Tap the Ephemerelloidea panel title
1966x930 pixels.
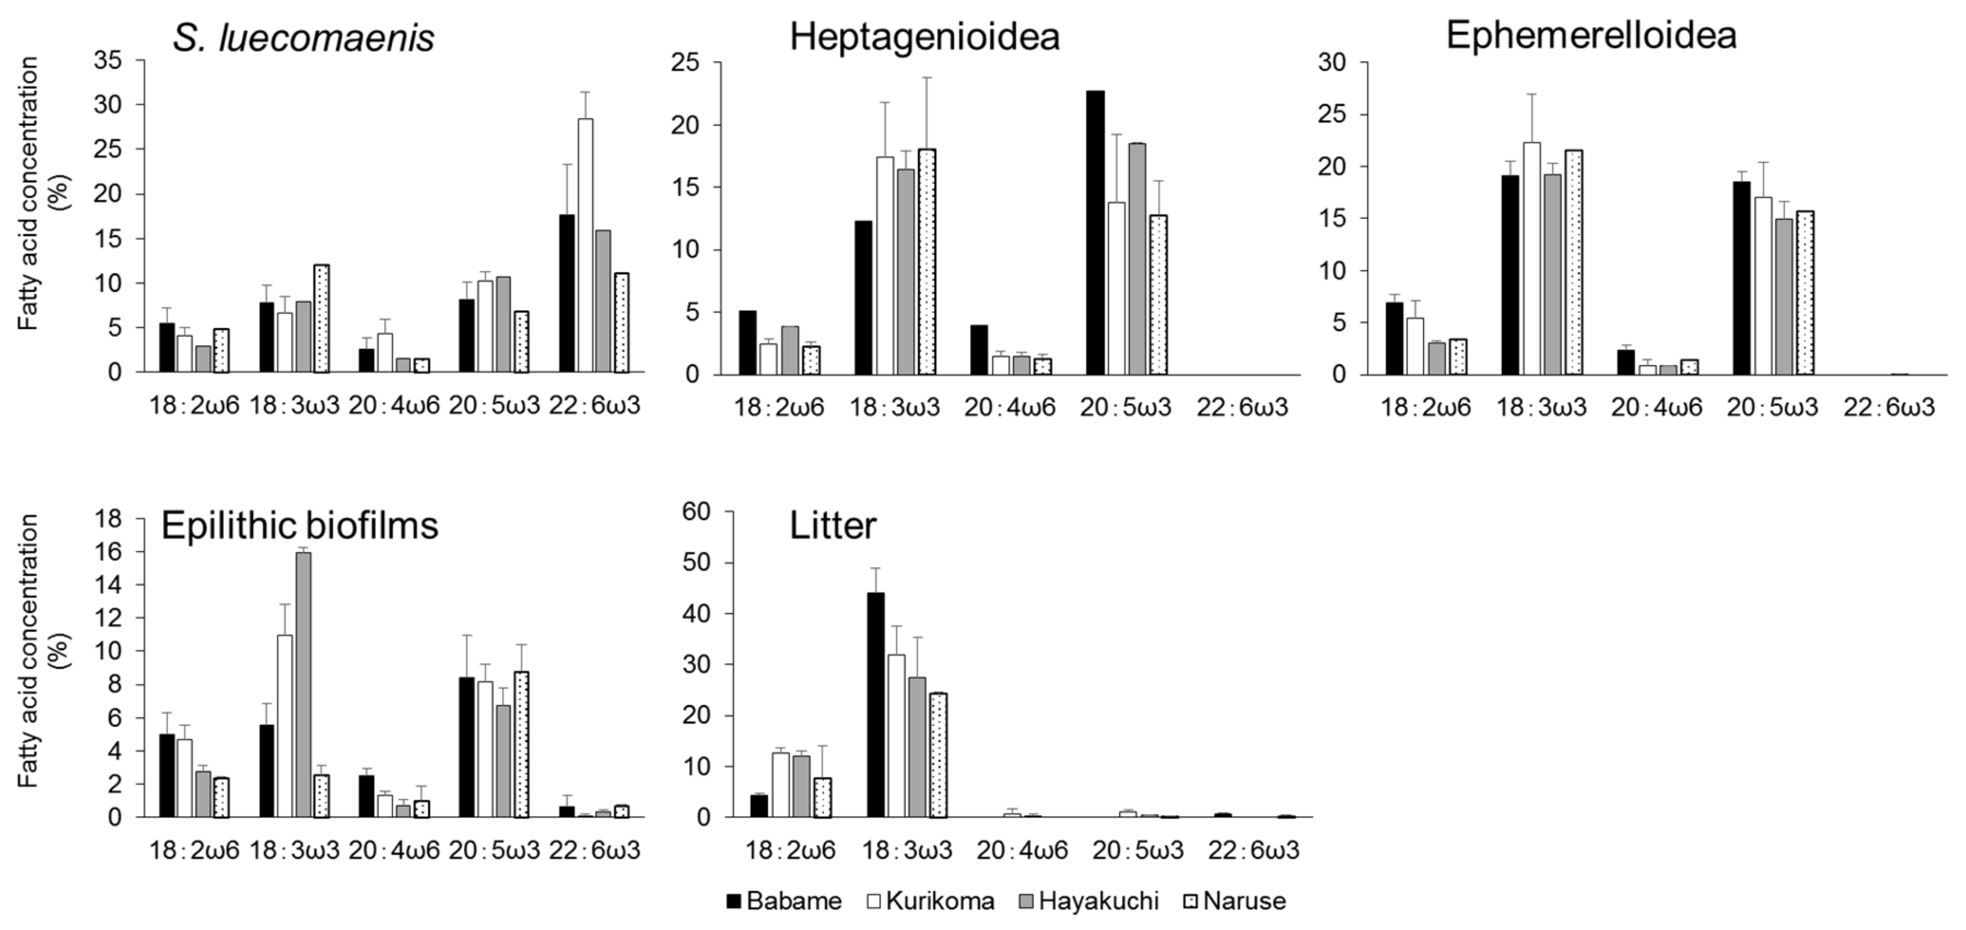pyautogui.click(x=1591, y=35)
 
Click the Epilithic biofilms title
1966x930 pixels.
pyautogui.click(x=299, y=526)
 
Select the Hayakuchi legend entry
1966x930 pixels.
pyautogui.click(x=1089, y=901)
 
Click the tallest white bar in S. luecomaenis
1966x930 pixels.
pyautogui.click(x=585, y=244)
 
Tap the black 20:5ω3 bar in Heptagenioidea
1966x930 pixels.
pyautogui.click(x=1095, y=233)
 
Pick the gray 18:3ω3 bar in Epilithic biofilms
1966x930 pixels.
pyautogui.click(x=303, y=684)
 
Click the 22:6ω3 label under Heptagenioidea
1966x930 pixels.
pyautogui.click(x=1242, y=407)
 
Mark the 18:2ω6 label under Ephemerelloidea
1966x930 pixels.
pyautogui.click(x=1425, y=407)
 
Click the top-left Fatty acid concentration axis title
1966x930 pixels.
pyautogui.click(x=28, y=195)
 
